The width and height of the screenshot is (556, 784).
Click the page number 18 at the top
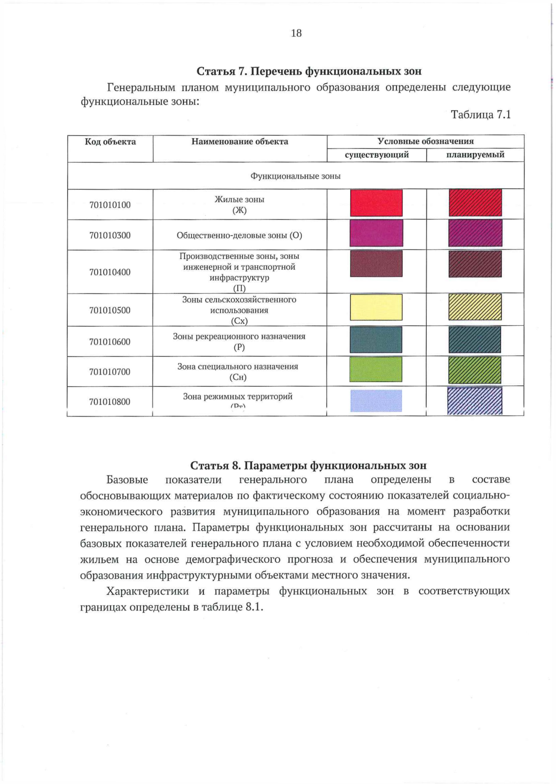pos(297,33)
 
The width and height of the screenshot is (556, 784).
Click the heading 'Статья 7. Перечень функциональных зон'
pos(309,71)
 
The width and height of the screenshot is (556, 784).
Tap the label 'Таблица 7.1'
pos(480,115)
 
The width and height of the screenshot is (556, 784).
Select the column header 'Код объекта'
pos(110,142)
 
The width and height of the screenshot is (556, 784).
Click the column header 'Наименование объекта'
pos(240,142)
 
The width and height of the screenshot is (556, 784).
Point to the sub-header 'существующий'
pos(377,155)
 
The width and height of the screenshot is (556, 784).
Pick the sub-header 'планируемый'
pos(475,155)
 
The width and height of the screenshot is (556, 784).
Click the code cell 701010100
pos(110,205)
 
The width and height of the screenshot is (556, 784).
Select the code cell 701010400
pos(110,272)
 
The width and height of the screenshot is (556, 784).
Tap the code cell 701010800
pos(110,402)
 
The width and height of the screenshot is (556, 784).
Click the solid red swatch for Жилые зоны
pos(376,203)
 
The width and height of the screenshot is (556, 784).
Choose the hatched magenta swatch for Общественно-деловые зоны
pos(475,233)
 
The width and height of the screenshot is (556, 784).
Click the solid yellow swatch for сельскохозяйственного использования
pos(376,307)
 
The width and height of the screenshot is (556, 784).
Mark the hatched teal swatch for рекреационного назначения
pos(475,340)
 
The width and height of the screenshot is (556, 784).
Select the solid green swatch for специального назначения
pos(376,369)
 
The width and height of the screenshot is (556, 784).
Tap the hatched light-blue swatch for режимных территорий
pos(475,401)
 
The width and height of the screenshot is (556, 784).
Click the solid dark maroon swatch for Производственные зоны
pos(376,263)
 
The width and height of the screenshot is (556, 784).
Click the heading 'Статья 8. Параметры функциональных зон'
pos(309,465)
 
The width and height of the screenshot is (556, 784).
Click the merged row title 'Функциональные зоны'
pos(296,176)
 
